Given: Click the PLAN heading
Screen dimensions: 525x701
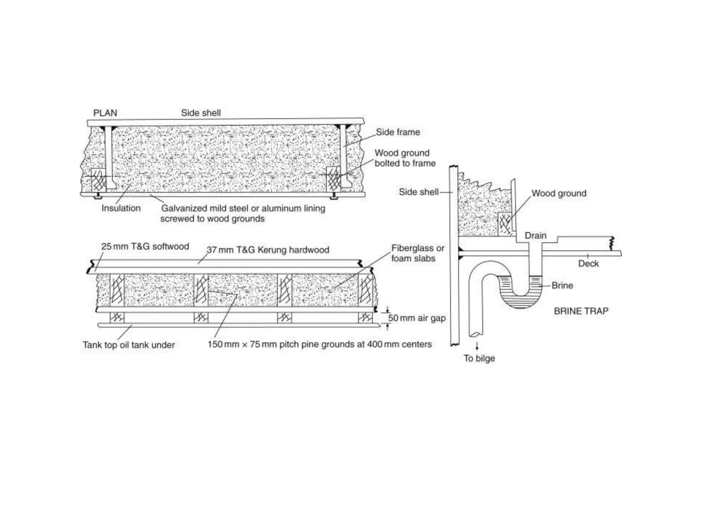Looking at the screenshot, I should click(x=105, y=113).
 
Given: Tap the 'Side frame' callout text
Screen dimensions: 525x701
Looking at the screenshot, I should click(x=398, y=132).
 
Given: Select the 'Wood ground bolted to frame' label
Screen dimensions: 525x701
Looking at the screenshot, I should click(x=405, y=158).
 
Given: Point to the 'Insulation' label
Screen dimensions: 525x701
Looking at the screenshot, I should click(x=121, y=208).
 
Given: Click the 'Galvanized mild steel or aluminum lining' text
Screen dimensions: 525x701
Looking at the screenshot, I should click(x=243, y=208).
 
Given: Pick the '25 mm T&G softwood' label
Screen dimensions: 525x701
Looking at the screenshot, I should click(x=145, y=246).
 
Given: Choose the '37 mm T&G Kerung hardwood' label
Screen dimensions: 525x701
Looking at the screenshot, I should click(x=268, y=250).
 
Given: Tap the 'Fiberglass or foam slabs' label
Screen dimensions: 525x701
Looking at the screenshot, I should click(x=418, y=253).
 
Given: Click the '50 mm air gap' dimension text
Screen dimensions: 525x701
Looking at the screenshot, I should click(x=417, y=318).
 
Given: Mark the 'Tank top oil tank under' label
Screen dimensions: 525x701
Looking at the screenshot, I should click(x=128, y=345).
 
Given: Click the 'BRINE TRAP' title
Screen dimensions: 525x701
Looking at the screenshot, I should click(x=581, y=311).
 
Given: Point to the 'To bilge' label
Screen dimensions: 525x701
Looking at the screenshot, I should click(x=479, y=358).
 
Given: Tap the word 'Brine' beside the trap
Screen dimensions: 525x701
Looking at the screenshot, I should click(x=562, y=285).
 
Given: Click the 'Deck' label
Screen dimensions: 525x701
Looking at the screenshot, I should click(x=588, y=264).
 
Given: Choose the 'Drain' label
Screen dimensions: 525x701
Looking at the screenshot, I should click(x=535, y=235).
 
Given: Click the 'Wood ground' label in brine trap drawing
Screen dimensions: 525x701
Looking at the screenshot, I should click(x=559, y=193).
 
